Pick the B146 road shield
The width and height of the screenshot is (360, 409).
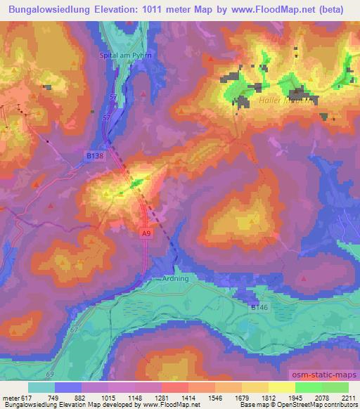pos(258,307)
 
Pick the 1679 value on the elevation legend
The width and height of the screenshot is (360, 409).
pos(243,398)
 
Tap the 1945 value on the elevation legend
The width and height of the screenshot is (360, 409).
pos(296,398)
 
